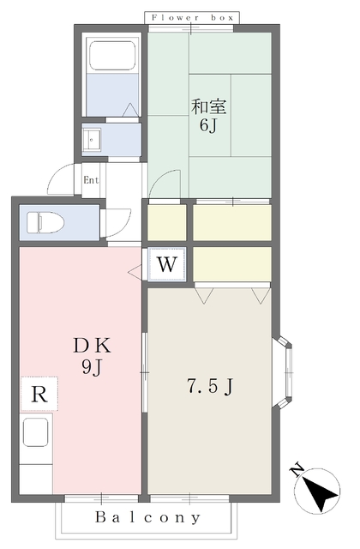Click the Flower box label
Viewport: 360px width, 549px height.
tap(192, 17)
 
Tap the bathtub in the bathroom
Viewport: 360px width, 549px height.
tap(112, 56)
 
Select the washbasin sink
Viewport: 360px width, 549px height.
tap(92, 139)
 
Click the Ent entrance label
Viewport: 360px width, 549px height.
tap(91, 180)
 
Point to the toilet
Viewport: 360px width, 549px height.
tap(45, 222)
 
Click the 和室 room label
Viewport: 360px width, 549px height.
tap(209, 107)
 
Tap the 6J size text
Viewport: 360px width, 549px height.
tap(207, 125)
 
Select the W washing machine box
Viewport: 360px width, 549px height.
tap(166, 264)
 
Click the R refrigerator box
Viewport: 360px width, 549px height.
tap(39, 394)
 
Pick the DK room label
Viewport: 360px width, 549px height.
tap(92, 346)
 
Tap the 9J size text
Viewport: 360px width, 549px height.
tap(92, 367)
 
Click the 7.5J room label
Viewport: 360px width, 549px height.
tap(209, 387)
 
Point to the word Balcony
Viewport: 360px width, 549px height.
tap(148, 517)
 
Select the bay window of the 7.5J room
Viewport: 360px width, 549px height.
tap(284, 372)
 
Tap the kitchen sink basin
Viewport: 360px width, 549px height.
tap(36, 432)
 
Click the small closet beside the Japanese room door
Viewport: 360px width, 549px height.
tap(167, 223)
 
